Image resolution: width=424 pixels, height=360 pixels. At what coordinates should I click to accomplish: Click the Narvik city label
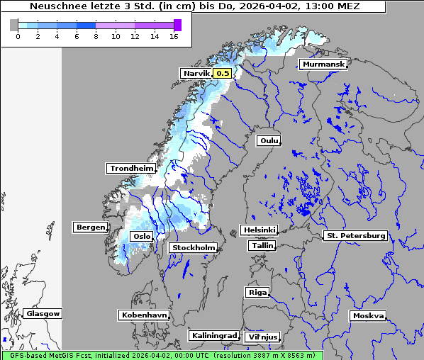196,73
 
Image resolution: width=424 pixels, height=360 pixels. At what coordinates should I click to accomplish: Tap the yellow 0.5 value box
223,73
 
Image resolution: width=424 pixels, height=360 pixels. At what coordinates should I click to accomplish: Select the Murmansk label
323,64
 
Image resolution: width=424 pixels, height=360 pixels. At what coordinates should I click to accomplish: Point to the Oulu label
269,141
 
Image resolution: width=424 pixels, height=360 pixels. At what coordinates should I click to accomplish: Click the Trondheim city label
131,169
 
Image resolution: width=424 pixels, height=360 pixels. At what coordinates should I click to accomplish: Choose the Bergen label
90,227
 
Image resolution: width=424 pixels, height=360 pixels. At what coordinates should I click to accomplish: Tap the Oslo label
141,236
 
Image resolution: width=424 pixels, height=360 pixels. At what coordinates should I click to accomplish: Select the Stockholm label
193,247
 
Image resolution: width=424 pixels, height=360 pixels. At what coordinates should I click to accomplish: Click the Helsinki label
259,230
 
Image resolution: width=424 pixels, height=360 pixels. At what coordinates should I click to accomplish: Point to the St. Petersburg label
355,235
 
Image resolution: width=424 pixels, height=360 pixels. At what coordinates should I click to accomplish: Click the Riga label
257,292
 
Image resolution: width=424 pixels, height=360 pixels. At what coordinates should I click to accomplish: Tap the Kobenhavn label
144,314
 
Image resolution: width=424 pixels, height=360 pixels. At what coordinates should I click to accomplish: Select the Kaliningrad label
213,335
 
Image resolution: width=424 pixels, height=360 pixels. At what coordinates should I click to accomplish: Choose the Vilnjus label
262,337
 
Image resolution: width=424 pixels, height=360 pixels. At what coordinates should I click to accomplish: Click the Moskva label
368,315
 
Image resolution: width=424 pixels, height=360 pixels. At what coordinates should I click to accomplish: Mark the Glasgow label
43,313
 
